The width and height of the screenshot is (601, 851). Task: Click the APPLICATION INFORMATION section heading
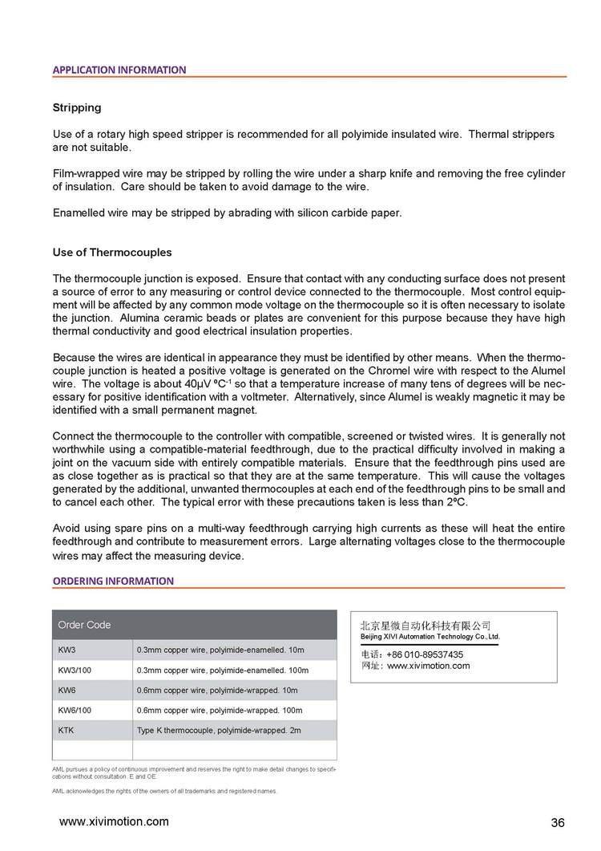click(x=119, y=70)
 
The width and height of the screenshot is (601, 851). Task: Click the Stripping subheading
click(x=77, y=107)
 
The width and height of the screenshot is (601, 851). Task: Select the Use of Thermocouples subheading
click(x=112, y=252)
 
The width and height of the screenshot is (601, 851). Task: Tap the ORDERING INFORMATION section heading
click(x=113, y=581)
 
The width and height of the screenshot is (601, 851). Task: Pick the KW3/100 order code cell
click(x=75, y=670)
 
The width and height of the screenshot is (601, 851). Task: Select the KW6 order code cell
click(x=67, y=690)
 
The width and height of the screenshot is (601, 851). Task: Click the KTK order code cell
click(x=67, y=731)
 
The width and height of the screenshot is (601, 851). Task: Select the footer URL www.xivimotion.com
click(x=115, y=821)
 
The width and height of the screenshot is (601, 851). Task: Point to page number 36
click(x=558, y=823)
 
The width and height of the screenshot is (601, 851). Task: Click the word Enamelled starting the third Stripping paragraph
click(x=80, y=213)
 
